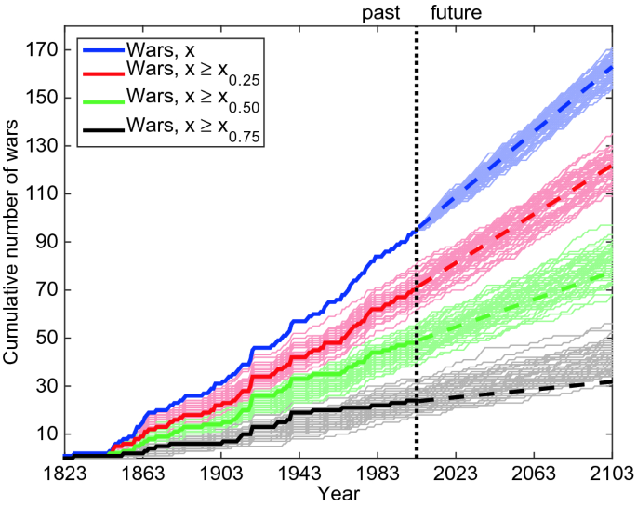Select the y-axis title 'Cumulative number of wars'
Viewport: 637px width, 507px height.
tap(13, 246)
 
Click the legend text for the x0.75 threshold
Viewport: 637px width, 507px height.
tap(194, 136)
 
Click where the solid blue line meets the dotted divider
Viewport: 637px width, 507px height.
tap(417, 229)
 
